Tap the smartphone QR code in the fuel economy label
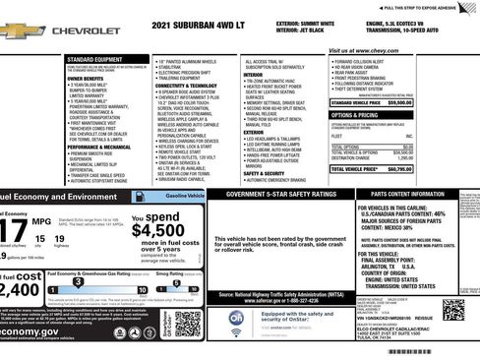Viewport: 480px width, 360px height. [x=188, y=322]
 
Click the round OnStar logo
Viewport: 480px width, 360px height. [x=236, y=318]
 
